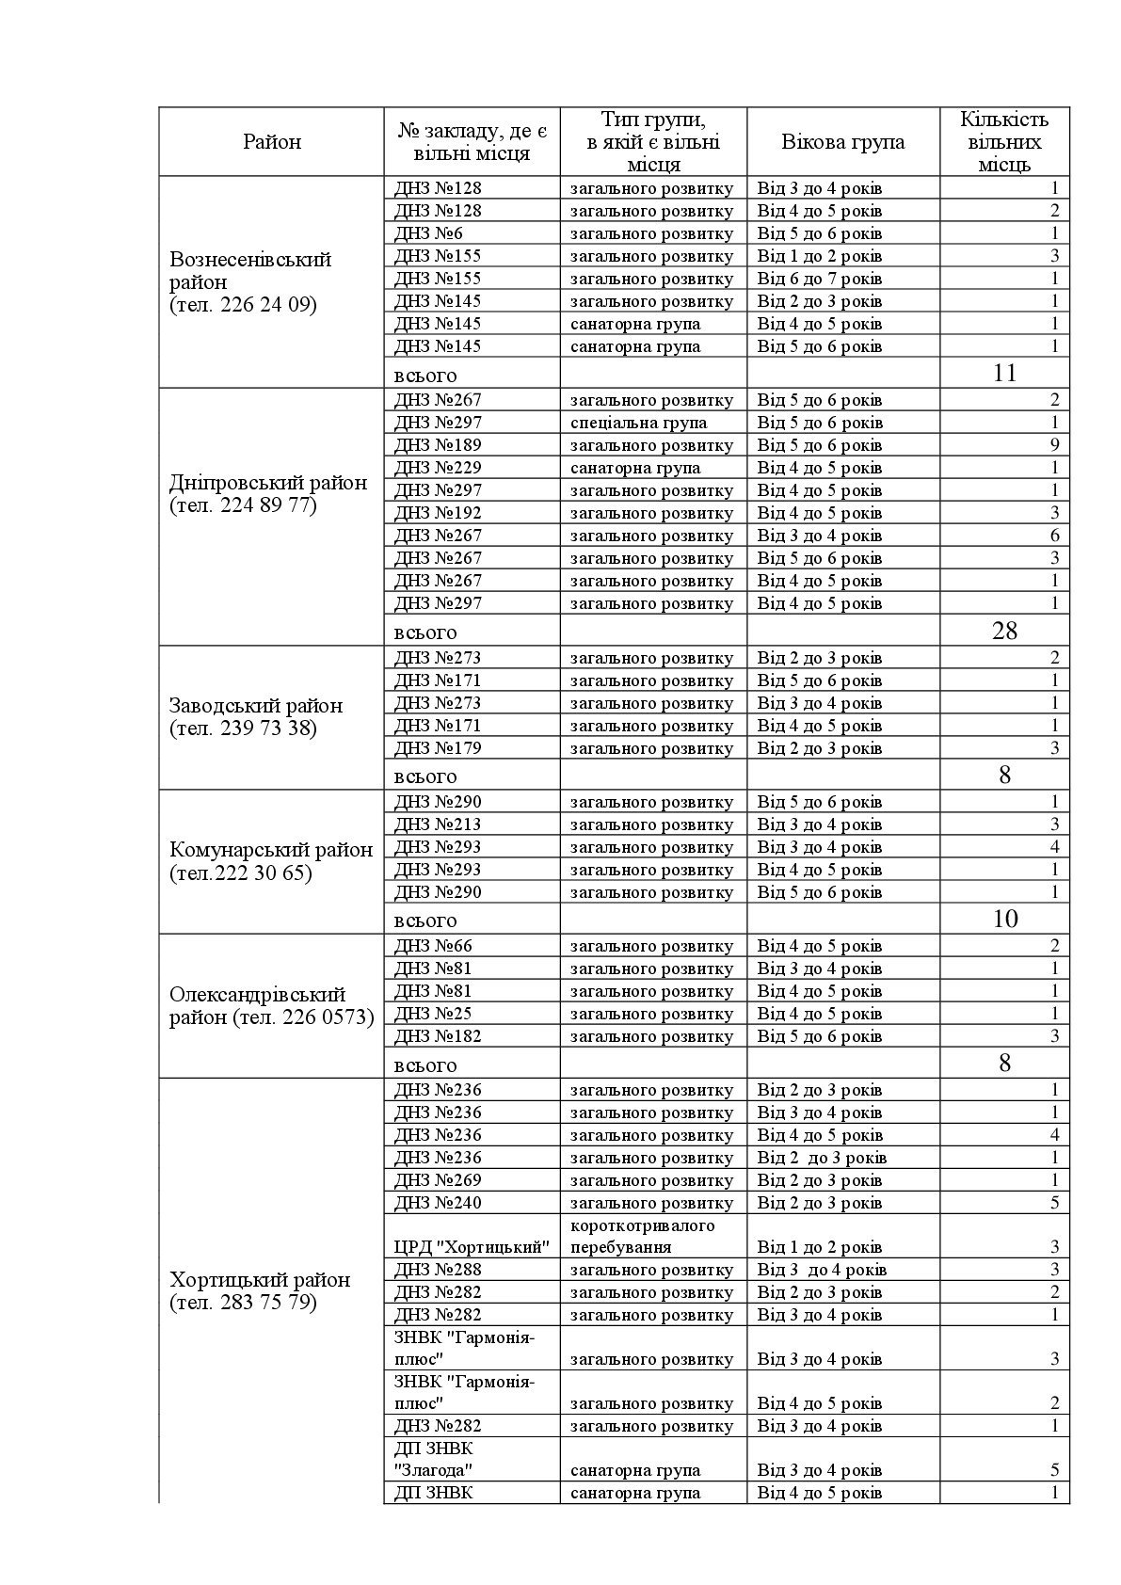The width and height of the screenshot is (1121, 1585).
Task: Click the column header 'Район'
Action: pyautogui.click(x=272, y=142)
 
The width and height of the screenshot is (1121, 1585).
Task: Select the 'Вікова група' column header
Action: pyautogui.click(x=842, y=142)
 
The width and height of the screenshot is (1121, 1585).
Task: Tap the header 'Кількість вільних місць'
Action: pyautogui.click(x=1003, y=142)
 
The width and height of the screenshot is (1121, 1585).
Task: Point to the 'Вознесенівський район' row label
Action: pyautogui.click(x=250, y=281)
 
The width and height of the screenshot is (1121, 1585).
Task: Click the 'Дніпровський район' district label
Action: pyautogui.click(x=268, y=494)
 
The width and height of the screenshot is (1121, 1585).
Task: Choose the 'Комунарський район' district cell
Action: pyautogui.click(x=271, y=861)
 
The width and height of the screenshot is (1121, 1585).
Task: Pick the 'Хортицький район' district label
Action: pyautogui.click(x=260, y=1290)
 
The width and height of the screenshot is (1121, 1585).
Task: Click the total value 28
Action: pyautogui.click(x=1004, y=631)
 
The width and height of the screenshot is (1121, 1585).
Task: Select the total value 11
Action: pyautogui.click(x=1004, y=373)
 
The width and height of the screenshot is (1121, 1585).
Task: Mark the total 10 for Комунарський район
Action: pyautogui.click(x=1004, y=919)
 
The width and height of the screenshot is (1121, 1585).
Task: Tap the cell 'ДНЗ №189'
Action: pyautogui.click(x=438, y=445)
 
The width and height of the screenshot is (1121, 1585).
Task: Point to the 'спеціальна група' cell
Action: pyautogui.click(x=638, y=423)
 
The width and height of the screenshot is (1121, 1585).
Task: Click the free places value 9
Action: pyautogui.click(x=1054, y=445)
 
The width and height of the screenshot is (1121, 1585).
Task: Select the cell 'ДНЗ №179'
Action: pyautogui.click(x=438, y=748)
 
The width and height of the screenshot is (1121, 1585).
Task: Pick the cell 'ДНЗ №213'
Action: pyautogui.click(x=438, y=825)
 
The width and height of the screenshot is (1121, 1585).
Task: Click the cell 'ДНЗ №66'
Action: pyautogui.click(x=433, y=946)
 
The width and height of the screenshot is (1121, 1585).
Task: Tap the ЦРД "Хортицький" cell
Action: pyautogui.click(x=472, y=1248)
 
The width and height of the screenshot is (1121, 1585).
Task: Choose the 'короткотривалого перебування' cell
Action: pyautogui.click(x=642, y=1237)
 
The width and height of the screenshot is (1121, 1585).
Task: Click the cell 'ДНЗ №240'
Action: pyautogui.click(x=438, y=1203)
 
